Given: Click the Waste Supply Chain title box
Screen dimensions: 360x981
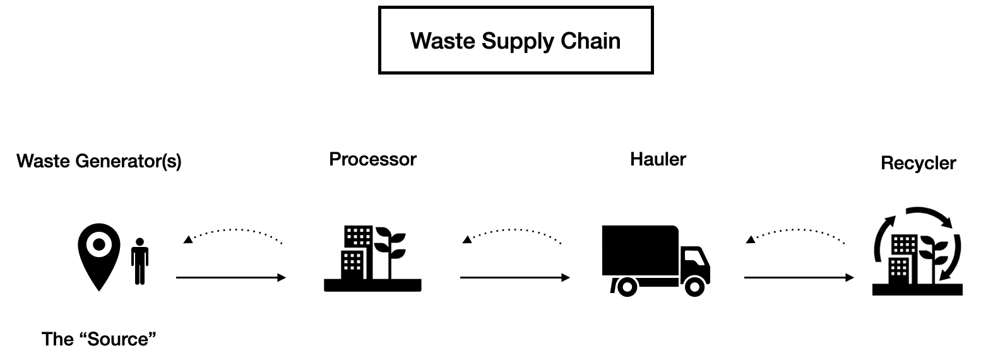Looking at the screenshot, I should click(515, 40).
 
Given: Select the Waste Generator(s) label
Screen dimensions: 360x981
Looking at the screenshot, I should click(99, 162).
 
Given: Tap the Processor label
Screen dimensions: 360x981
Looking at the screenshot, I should click(372, 159).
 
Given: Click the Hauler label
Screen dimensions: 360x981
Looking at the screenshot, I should click(658, 159).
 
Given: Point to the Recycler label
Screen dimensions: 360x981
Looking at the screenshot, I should click(918, 164).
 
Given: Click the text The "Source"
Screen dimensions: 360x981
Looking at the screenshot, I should click(98, 339).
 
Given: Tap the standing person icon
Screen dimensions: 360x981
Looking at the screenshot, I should click(140, 262).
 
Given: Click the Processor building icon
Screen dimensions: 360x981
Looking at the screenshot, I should click(372, 259).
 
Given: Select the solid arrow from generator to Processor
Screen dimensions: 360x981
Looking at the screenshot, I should click(230, 277).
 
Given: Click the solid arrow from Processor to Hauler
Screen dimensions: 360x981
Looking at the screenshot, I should click(514, 277).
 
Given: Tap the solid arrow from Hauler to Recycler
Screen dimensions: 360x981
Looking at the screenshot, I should click(799, 277).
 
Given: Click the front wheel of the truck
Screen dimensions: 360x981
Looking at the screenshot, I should click(694, 287).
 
